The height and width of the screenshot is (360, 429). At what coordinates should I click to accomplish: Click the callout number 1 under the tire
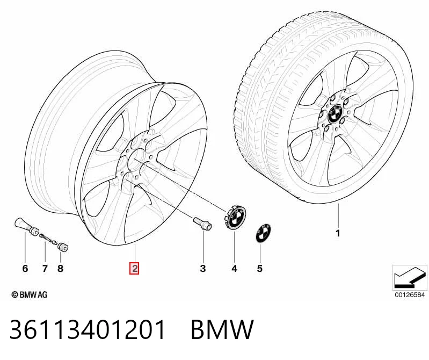click(338, 233)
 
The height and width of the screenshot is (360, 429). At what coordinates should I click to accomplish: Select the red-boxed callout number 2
click(135, 268)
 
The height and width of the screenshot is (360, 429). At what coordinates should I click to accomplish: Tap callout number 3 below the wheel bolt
click(203, 268)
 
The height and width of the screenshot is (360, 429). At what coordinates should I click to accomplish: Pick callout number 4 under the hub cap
click(234, 269)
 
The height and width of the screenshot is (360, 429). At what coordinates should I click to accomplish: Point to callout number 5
click(260, 269)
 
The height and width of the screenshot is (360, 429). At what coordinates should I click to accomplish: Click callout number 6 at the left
click(25, 268)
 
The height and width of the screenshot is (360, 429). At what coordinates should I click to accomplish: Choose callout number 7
click(45, 268)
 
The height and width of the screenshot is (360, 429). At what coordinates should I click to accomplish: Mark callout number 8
click(60, 268)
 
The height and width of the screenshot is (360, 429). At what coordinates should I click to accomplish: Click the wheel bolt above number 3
click(202, 224)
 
